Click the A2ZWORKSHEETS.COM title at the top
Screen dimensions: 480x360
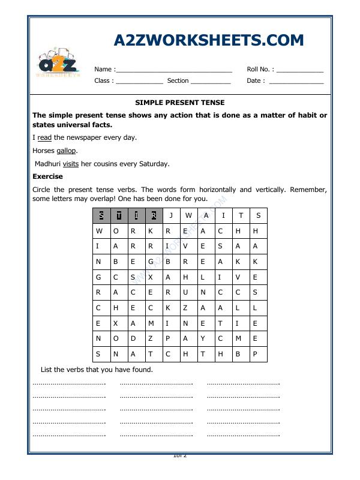pos(208,40)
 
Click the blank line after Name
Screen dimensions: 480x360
pos(174,70)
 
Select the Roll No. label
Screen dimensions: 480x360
pos(260,69)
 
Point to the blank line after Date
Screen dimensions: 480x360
pos(296,81)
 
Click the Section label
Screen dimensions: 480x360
pos(178,80)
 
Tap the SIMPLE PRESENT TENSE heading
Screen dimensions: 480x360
pos(179,103)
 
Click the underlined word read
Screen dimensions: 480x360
pos(44,137)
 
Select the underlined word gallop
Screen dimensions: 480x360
pos(67,151)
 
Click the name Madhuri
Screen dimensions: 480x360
pos(47,163)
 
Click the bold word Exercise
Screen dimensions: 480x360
pos(47,176)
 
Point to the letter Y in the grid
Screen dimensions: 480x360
pos(205,339)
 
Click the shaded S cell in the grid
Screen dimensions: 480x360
pos(101,215)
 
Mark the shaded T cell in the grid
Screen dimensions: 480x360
pos(118,215)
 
